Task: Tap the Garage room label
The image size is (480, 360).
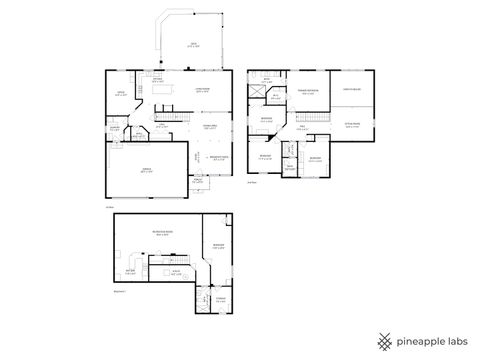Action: [147, 171]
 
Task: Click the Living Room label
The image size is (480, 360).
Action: [202, 91]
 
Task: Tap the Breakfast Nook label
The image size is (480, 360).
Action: [214, 158]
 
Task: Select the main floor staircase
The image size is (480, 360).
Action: [176, 114]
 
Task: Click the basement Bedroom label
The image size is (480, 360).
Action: [218, 247]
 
